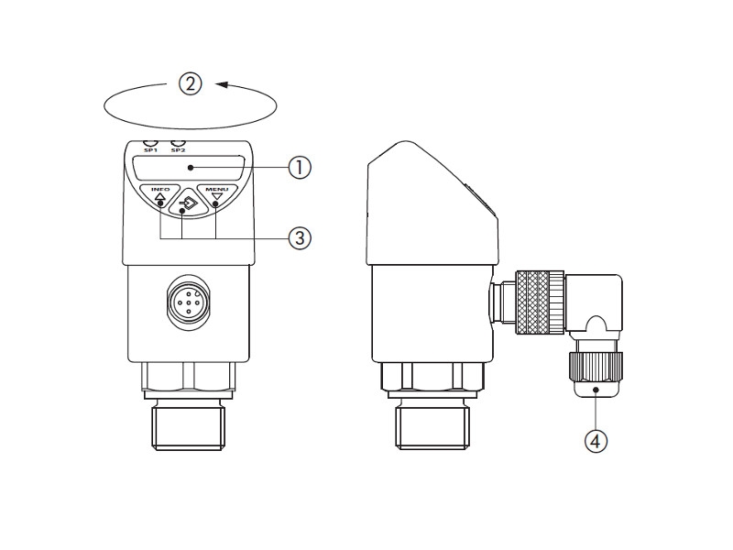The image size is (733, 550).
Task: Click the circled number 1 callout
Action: tap(300, 168)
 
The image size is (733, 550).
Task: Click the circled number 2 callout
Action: tap(191, 84)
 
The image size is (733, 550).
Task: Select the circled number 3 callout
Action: tap(300, 238)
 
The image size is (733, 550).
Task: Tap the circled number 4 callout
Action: tap(596, 441)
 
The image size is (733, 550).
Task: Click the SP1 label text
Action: tap(150, 150)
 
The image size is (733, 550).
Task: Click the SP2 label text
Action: tap(178, 150)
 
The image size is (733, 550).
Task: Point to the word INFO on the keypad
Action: tap(160, 189)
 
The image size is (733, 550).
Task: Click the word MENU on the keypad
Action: tap(217, 189)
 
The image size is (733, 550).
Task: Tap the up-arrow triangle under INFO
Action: tap(160, 197)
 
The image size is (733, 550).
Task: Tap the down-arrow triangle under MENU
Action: tap(216, 197)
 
